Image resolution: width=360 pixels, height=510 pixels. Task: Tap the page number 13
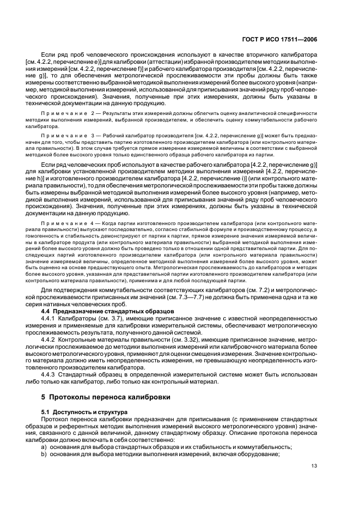314,465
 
